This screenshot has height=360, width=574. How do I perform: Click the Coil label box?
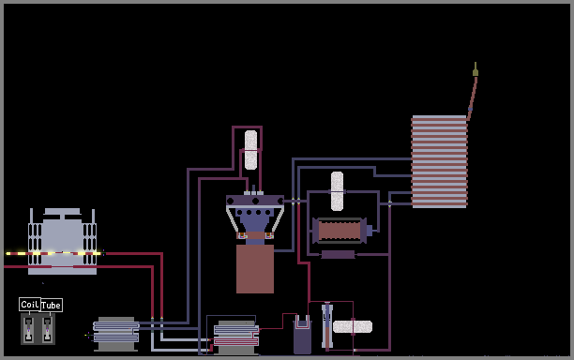pyautogui.click(x=30, y=305)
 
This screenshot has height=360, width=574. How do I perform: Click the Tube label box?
pyautogui.click(x=52, y=305)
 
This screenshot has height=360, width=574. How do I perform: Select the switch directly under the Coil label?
pyautogui.click(x=28, y=329)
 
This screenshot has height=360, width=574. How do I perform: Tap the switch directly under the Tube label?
pyautogui.click(x=47, y=329)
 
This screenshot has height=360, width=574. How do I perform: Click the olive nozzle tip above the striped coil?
pyautogui.click(x=476, y=70)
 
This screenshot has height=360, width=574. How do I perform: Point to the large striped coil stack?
pyautogui.click(x=439, y=161)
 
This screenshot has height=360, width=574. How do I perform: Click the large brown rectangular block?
pyautogui.click(x=255, y=269)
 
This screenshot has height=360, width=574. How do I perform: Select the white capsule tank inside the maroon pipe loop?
pyautogui.click(x=250, y=150)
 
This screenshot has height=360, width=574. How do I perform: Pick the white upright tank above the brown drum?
pyautogui.click(x=337, y=191)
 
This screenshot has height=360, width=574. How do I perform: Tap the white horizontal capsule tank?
pyautogui.click(x=353, y=326)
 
